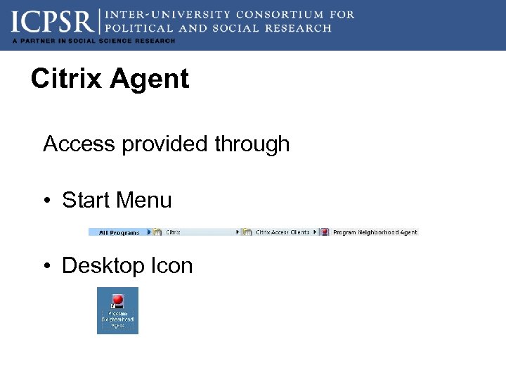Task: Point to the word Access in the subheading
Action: pyautogui.click(x=79, y=144)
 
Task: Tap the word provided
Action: pyautogui.click(x=165, y=144)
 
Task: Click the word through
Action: pyautogui.click(x=252, y=144)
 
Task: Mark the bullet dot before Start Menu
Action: pyautogui.click(x=46, y=201)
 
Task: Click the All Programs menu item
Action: pyautogui.click(x=119, y=232)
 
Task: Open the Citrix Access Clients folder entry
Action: pyautogui.click(x=282, y=232)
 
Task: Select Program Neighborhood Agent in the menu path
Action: pyautogui.click(x=375, y=232)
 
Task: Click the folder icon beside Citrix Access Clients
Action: pyautogui.click(x=247, y=232)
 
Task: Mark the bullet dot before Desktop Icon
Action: pyautogui.click(x=46, y=266)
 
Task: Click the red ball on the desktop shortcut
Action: pyautogui.click(x=117, y=300)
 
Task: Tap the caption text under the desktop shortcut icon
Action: pyautogui.click(x=117, y=320)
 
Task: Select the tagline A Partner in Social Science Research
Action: pyautogui.click(x=93, y=41)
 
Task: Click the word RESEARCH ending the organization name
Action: pyautogui.click(x=298, y=28)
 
